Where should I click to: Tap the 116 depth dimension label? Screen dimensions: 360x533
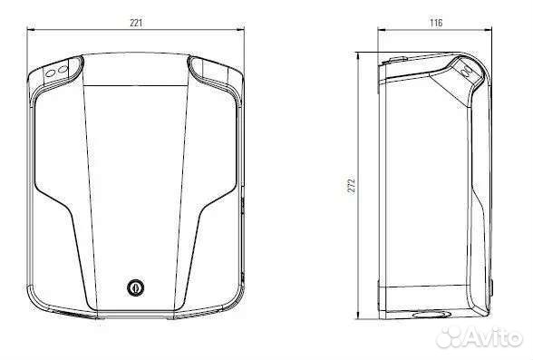(435, 23)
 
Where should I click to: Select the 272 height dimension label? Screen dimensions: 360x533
(352, 186)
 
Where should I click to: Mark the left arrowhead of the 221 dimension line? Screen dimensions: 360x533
(29, 28)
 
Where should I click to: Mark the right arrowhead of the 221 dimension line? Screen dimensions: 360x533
(244, 28)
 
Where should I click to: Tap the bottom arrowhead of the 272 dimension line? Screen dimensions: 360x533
(359, 317)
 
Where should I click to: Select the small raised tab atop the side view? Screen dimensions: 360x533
(396, 58)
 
